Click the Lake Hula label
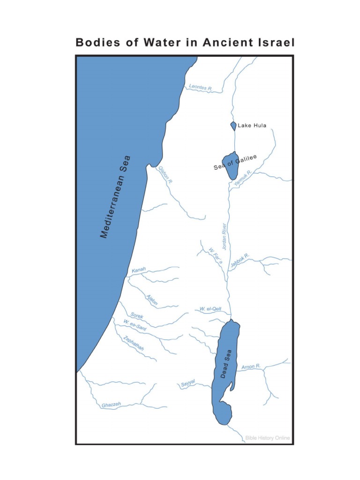point(252,126)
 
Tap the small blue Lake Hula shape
point(233,126)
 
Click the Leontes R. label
point(201,87)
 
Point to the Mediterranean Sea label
point(116,197)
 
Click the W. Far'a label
point(215,256)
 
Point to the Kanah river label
point(139,270)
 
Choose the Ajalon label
point(152,300)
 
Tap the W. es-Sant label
point(135,325)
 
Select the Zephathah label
point(133,344)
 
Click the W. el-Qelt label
point(210,309)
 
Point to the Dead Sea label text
point(226,366)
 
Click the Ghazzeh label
point(112,405)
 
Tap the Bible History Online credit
point(268,438)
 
